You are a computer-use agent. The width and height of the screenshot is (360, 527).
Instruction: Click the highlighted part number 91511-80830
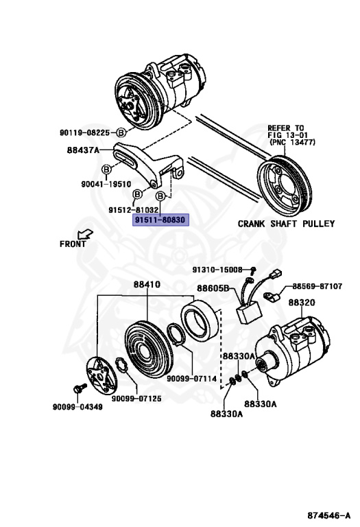pyautogui.click(x=159, y=220)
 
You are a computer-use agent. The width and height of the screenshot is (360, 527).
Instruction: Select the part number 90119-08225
pyautogui.click(x=85, y=132)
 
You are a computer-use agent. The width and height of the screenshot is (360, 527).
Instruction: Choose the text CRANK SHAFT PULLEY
pyautogui.click(x=286, y=224)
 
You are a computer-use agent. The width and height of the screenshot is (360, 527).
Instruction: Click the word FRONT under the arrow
pyautogui.click(x=73, y=244)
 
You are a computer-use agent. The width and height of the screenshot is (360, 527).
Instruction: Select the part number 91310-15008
pyautogui.click(x=217, y=270)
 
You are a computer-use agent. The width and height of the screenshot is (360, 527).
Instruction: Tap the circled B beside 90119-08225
pyautogui.click(x=121, y=132)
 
